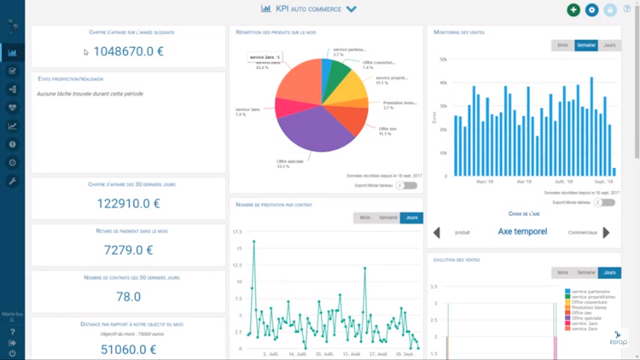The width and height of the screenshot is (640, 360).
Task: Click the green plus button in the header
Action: click(573, 10)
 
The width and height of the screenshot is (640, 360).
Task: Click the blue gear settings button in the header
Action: click(592, 10)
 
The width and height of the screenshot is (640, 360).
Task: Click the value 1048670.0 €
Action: click(128, 51)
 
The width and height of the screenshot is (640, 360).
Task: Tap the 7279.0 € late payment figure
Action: click(128, 251)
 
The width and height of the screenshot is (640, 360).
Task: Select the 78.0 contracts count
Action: click(128, 297)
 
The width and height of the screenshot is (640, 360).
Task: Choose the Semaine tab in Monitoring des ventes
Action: click(586, 44)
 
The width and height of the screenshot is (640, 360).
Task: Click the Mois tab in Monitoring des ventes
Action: click(563, 44)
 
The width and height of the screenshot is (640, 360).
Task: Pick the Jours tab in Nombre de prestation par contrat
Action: click(411, 218)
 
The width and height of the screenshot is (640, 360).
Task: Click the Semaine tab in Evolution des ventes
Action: click(586, 272)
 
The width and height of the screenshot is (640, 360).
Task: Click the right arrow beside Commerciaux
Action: click(607, 232)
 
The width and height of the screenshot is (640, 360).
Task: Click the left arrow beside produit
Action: click(438, 232)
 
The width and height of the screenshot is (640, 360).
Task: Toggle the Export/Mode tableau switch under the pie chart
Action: click(408, 185)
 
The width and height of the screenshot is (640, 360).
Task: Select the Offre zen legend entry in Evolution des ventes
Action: click(582, 312)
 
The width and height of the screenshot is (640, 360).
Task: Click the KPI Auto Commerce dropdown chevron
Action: click(352, 9)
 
